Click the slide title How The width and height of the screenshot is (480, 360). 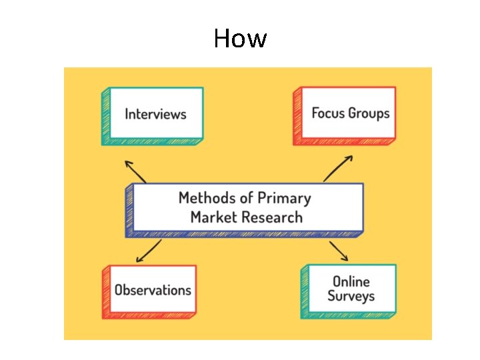(240, 38)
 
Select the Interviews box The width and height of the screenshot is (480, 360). (153, 116)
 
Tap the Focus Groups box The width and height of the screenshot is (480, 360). (345, 116)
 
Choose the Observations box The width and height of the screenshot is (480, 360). (149, 292)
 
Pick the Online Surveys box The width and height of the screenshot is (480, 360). (349, 291)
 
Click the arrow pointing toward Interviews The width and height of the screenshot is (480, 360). (135, 172)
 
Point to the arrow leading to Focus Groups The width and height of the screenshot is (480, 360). (338, 169)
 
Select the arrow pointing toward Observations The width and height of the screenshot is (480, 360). (149, 251)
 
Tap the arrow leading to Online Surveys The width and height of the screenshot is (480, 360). (339, 251)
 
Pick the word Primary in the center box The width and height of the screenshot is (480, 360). (285, 199)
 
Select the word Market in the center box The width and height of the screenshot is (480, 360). (214, 217)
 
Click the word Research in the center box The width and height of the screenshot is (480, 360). (272, 217)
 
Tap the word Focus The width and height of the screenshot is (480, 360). (328, 113)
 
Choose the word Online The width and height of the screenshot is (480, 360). (351, 281)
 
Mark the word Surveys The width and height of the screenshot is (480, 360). (351, 296)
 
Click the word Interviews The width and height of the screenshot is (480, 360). (155, 114)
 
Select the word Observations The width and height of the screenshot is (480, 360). (153, 290)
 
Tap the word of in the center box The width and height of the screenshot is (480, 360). (247, 198)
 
